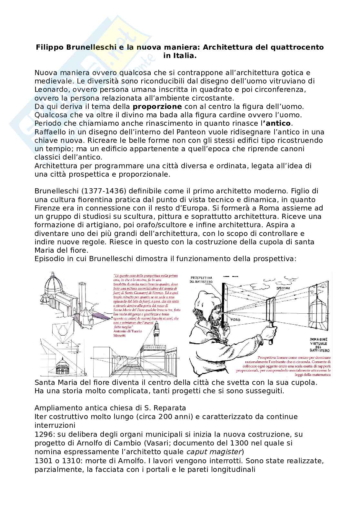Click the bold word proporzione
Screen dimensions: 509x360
tap(157, 107)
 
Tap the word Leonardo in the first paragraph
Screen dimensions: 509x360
tap(50, 90)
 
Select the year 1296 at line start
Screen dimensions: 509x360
tap(42, 434)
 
